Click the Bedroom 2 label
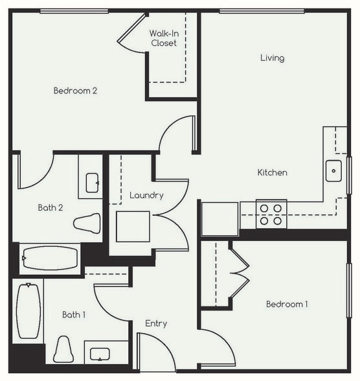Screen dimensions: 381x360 tap(75, 91)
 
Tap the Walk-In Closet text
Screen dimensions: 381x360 tap(163, 38)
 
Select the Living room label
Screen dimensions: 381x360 tap(272, 58)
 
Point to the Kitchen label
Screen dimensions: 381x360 tap(272, 172)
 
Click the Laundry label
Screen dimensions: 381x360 tap(146, 195)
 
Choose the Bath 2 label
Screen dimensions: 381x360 tap(51, 208)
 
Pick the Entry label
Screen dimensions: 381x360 tap(156, 323)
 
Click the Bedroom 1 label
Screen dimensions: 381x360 tap(287, 304)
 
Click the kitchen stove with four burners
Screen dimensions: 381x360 tap(271, 214)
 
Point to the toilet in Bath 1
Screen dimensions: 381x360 tap(63, 349)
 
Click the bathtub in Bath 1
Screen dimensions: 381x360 tap(28, 312)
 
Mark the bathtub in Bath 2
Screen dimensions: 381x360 tap(50, 257)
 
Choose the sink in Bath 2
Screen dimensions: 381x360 tap(91, 181)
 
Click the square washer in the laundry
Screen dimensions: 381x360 tap(133, 226)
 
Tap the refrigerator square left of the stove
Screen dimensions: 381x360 tap(219, 218)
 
